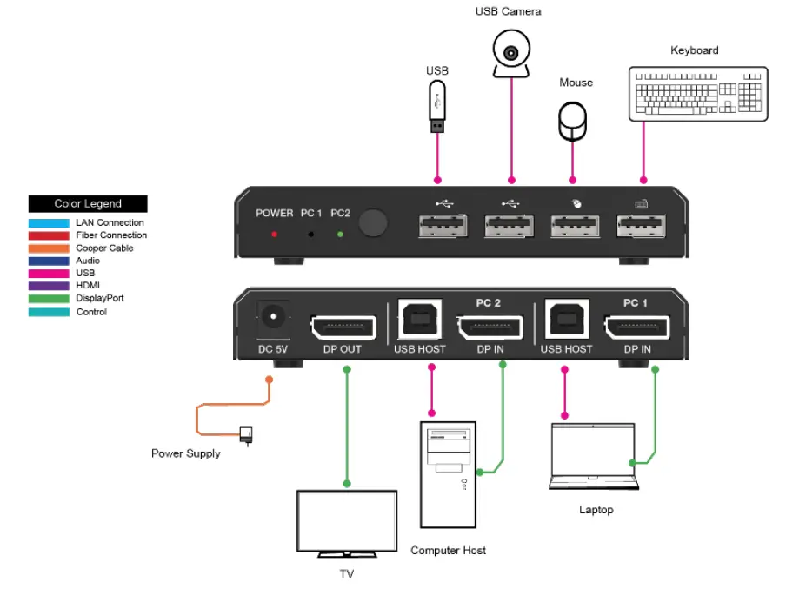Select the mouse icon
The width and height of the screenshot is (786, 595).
(572, 121)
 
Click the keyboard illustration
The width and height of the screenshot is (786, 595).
(698, 93)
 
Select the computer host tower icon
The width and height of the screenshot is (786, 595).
(448, 474)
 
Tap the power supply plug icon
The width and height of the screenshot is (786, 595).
(246, 433)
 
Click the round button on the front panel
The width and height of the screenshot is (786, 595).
(374, 223)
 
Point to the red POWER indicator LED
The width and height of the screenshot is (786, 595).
(275, 235)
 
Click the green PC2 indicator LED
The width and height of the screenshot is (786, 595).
(340, 235)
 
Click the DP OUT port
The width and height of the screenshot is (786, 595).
(343, 327)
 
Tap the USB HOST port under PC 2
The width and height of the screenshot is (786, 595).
(419, 320)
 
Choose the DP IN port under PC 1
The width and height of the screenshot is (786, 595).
(637, 327)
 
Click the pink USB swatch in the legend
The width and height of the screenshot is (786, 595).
(49, 273)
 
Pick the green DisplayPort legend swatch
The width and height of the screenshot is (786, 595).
(49, 298)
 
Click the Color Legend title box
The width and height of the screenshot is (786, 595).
(88, 204)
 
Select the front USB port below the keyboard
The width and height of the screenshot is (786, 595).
(643, 228)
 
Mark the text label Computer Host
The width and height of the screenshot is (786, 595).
(448, 551)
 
